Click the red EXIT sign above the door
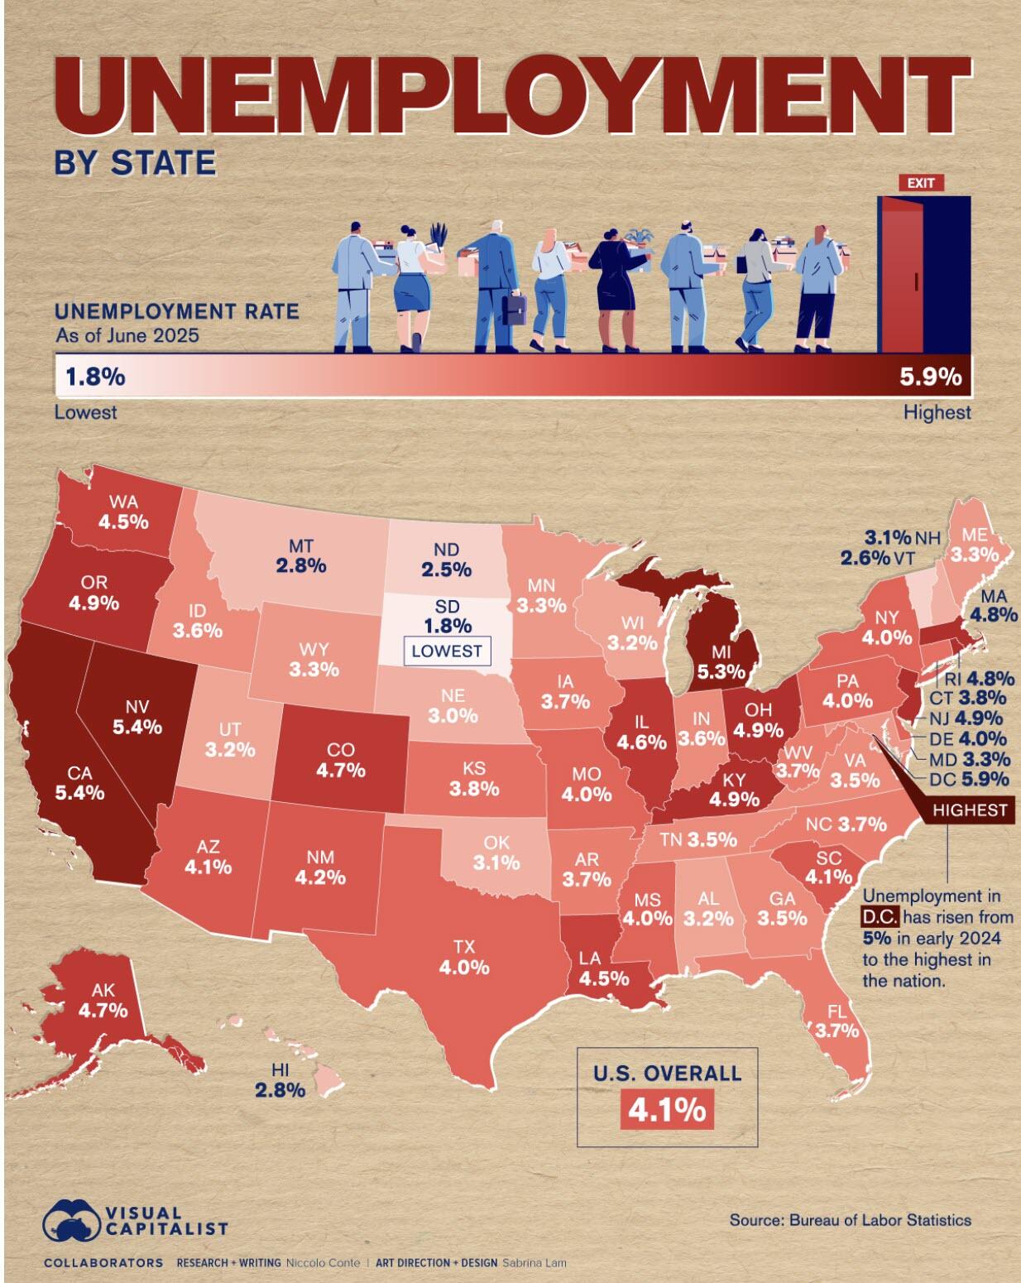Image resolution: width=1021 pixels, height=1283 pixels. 920,183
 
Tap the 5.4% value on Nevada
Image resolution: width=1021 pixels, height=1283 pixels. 137,728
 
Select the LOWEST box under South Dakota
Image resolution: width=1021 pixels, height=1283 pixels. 446,651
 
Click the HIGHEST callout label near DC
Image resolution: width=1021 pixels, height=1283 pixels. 971,810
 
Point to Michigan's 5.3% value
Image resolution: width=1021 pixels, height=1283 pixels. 721,672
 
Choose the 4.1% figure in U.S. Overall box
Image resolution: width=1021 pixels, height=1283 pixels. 667,1108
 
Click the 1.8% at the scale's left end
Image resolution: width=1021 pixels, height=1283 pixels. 95,377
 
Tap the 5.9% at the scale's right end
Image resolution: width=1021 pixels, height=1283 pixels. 931,377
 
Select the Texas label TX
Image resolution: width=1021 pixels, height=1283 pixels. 464,946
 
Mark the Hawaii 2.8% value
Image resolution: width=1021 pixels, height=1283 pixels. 280,1090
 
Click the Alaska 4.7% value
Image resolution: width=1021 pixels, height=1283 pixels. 103,1010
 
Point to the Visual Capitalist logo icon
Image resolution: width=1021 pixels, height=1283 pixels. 70,1218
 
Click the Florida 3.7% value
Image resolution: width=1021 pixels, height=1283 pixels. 836,1031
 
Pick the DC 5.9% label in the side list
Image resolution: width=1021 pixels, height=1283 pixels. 969,779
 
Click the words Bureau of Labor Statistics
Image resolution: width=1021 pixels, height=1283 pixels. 880,1219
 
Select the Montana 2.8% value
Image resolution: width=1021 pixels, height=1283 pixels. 301,566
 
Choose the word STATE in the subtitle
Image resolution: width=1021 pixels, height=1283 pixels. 163,162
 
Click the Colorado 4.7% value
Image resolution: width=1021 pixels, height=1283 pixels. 341,771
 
